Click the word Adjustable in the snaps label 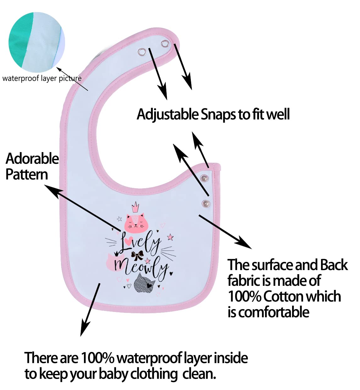click(x=168, y=114)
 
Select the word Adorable click(x=32, y=159)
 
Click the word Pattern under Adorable click(x=27, y=174)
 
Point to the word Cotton click(x=284, y=297)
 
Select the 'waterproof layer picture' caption click(x=42, y=78)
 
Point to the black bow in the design click(x=137, y=255)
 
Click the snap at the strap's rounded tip click(x=165, y=43)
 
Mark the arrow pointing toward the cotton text click(x=225, y=231)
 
